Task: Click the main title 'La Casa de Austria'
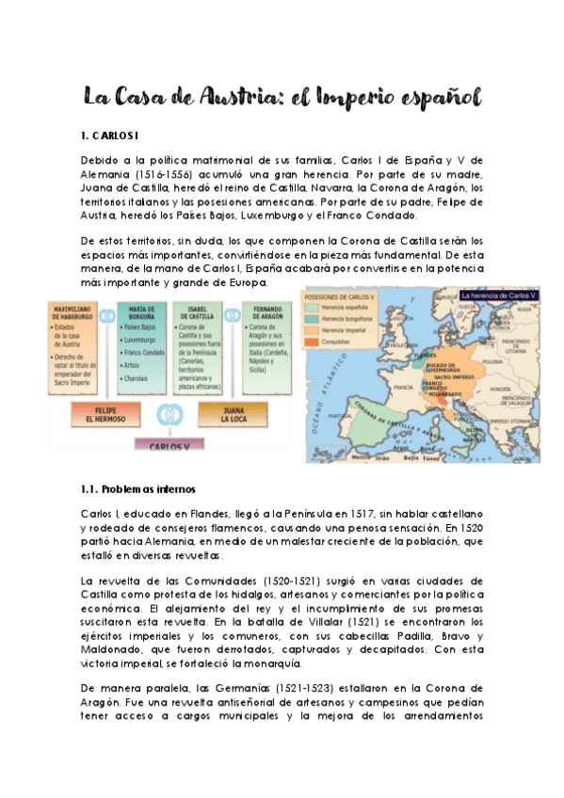282,97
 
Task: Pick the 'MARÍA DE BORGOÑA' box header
143,313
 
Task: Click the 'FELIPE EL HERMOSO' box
106,414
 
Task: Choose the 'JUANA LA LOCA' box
233,414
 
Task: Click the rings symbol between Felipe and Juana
170,414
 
